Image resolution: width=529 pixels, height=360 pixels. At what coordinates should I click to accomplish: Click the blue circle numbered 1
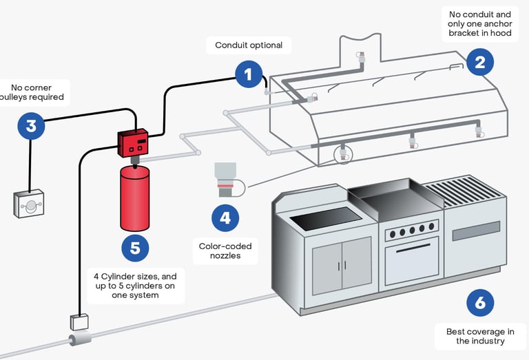point(249,74)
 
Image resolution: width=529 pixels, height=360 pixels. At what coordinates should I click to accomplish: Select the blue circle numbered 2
point(479,62)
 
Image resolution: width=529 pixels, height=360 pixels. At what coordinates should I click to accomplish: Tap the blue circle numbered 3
point(32,126)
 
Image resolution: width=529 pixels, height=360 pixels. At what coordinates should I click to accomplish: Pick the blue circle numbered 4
point(225,218)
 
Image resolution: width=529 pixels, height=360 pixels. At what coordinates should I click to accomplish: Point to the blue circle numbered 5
point(135,248)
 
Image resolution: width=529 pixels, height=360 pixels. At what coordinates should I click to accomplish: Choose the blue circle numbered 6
point(480,303)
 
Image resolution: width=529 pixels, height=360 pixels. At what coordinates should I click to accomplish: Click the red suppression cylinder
point(134,198)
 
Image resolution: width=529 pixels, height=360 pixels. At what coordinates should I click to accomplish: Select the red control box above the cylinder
point(133,142)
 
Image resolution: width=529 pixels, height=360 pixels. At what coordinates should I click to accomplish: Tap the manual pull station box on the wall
point(29,203)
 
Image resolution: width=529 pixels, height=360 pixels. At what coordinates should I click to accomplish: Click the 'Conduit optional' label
point(249,45)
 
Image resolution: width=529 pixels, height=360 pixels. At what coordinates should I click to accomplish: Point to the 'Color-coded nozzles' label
point(225,251)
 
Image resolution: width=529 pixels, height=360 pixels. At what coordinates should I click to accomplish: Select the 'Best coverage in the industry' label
point(480,336)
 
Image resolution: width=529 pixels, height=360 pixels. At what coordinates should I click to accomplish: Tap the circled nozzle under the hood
point(343,154)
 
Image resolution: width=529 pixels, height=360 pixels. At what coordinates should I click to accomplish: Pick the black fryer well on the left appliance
point(326,219)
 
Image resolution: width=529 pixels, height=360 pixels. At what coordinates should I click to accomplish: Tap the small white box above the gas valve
point(79,322)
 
